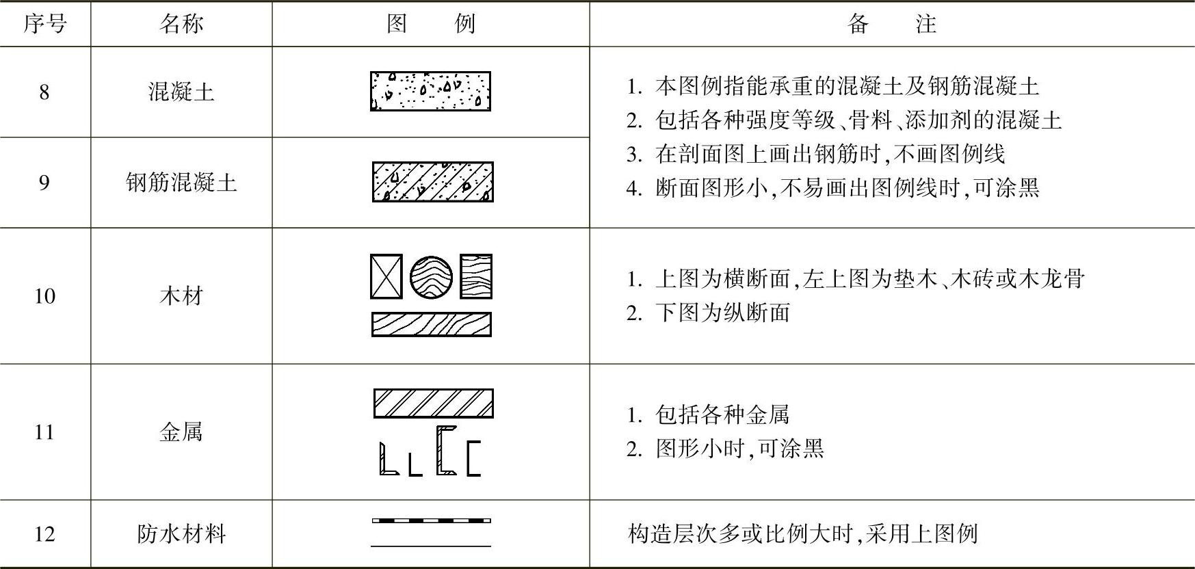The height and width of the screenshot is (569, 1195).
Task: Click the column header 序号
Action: (44, 24)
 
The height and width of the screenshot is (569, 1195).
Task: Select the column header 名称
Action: (181, 24)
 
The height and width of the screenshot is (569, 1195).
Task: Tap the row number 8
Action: (44, 92)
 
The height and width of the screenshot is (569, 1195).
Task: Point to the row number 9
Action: (44, 183)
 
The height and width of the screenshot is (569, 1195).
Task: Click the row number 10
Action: (44, 295)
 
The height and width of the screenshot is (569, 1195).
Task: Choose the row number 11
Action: (44, 432)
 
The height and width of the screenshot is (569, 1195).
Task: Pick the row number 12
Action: (44, 533)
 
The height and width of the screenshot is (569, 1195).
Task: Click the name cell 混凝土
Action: (181, 92)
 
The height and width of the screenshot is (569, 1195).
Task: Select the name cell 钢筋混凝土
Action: (181, 183)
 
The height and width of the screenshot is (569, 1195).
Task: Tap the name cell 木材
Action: (181, 295)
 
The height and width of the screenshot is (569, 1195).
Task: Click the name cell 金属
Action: (181, 432)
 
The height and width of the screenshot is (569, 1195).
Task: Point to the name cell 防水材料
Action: (181, 533)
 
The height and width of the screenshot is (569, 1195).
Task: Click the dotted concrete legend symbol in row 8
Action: (431, 91)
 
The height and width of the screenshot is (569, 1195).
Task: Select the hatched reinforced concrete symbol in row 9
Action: (432, 182)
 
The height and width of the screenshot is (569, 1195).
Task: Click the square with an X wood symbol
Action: (386, 276)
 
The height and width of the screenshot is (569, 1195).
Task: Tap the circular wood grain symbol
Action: (431, 277)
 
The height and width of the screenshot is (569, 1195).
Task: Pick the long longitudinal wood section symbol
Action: (431, 324)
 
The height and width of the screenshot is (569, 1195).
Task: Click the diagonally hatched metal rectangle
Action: (433, 403)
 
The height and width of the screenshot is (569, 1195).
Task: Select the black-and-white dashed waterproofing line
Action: (431, 521)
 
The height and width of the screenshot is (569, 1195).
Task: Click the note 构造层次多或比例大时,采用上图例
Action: (802, 533)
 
